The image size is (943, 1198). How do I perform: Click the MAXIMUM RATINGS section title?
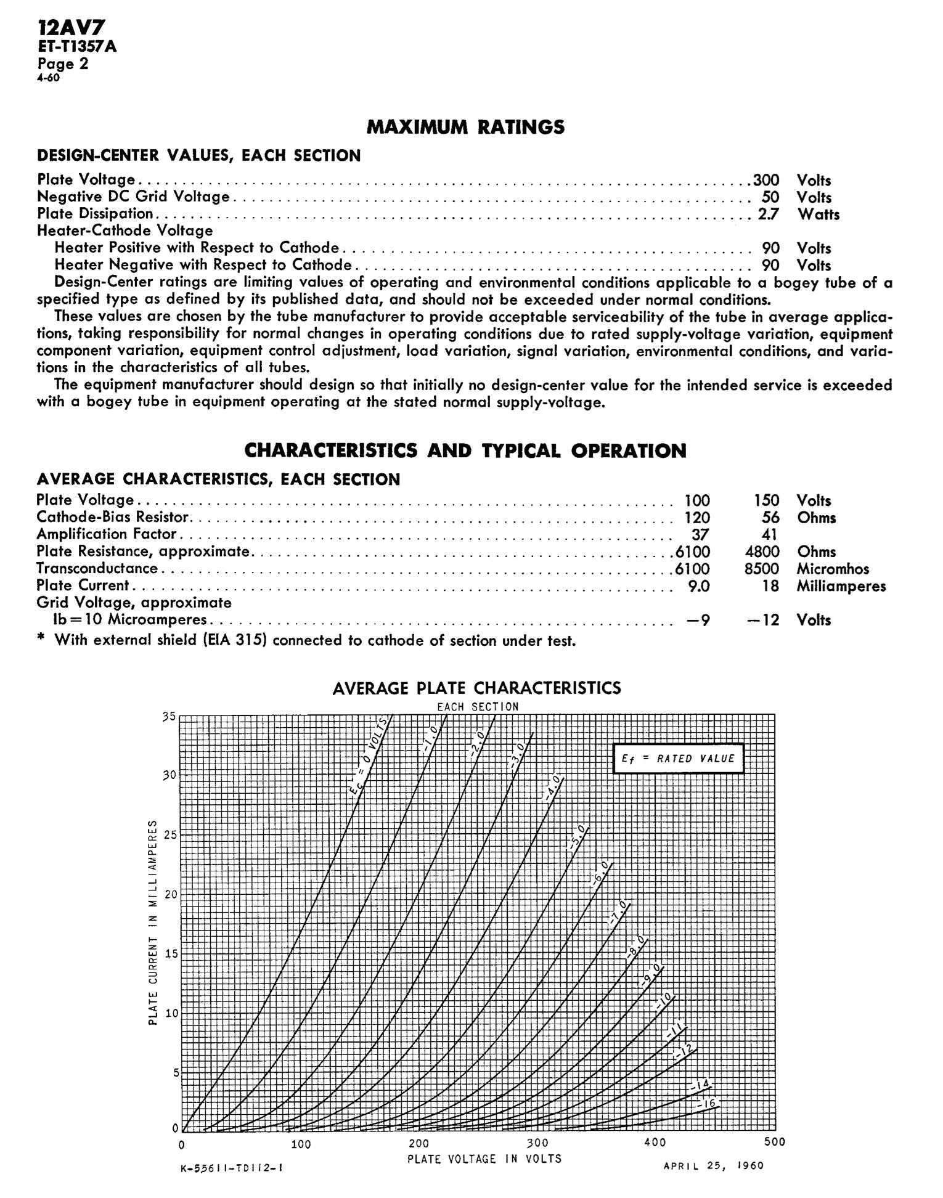click(x=465, y=127)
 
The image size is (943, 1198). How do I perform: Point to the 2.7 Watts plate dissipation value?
click(x=769, y=214)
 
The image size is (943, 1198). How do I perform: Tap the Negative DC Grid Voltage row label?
click(x=133, y=197)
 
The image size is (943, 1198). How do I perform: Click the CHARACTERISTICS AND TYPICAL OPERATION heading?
click(x=465, y=450)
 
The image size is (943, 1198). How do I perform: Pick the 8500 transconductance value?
click(x=762, y=568)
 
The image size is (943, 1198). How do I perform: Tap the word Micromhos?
click(x=833, y=568)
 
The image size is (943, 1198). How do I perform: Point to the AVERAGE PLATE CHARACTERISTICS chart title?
click(x=476, y=688)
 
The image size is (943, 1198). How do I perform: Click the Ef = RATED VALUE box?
click(x=678, y=759)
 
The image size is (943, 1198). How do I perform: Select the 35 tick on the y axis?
click(x=169, y=717)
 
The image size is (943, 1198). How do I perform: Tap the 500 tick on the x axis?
click(x=775, y=1142)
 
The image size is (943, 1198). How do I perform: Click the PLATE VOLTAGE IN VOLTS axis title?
click(x=484, y=1159)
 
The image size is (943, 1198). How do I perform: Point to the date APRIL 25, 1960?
click(x=713, y=1165)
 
